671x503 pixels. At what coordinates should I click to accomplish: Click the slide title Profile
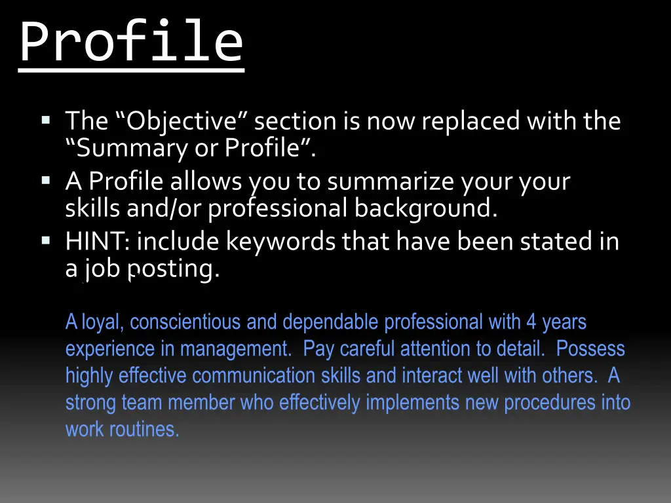pos(131,41)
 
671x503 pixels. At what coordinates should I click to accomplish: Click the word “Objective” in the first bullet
pos(182,121)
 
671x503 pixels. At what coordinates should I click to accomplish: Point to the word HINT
pos(98,242)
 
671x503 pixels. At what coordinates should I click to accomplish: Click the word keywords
pos(280,242)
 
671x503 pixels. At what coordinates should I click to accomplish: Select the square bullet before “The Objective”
pos(45,120)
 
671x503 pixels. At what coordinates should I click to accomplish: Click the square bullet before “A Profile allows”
pos(45,180)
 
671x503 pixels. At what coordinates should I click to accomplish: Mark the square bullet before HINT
pos(45,240)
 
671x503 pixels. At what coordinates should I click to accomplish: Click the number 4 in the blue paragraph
pos(531,322)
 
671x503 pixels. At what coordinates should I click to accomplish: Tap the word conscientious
pos(185,322)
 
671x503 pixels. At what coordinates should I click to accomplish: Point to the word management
pos(236,349)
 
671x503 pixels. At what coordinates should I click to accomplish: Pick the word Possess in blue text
pos(590,349)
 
